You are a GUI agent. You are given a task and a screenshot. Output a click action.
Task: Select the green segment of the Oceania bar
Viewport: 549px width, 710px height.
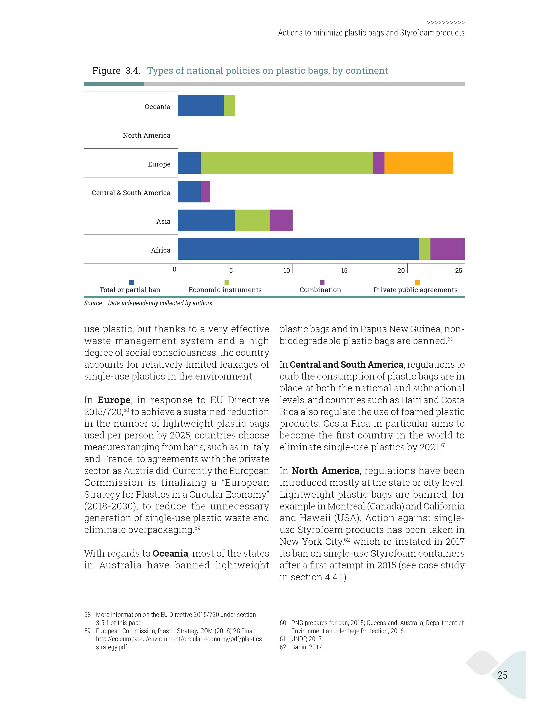click(x=229, y=106)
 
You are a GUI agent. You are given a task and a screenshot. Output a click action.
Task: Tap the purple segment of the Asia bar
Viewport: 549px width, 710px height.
click(x=281, y=220)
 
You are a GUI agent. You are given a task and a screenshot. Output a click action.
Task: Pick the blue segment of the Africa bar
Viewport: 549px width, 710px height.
click(x=298, y=249)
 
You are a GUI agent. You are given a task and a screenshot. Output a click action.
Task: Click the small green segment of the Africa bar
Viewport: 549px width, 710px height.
click(x=424, y=249)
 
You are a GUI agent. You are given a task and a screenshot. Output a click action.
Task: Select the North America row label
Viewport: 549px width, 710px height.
click(x=146, y=135)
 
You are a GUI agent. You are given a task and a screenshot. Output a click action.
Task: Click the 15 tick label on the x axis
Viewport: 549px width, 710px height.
click(x=344, y=270)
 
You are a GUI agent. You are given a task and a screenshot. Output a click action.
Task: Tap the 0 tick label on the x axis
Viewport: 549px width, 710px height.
click(x=175, y=270)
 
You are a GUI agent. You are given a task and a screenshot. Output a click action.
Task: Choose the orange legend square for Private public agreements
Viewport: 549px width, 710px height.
click(x=417, y=282)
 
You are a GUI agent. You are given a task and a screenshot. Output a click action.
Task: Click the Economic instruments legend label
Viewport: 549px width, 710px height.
click(x=225, y=290)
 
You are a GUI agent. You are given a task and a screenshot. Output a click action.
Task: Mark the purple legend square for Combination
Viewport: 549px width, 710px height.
click(x=322, y=282)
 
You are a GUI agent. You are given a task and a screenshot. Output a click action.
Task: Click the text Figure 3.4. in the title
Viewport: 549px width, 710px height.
click(x=116, y=71)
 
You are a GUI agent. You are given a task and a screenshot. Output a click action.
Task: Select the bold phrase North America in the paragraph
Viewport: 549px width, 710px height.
click(x=325, y=471)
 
